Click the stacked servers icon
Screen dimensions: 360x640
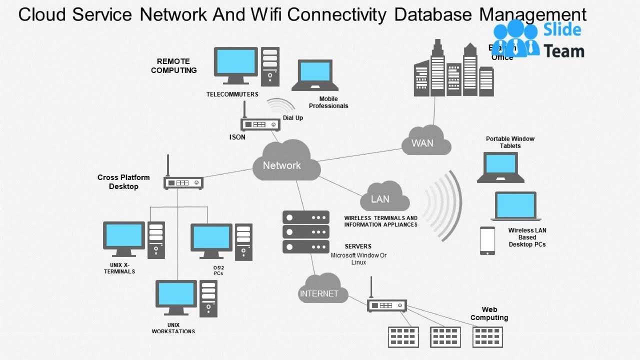305,231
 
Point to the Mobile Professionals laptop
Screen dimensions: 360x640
315,75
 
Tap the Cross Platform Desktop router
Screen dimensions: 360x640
183,182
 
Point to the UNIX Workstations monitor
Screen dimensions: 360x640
176,296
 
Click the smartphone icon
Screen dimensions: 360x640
487,240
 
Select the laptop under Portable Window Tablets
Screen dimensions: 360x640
500,167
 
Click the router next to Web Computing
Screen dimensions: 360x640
387,305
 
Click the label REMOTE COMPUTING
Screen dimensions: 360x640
173,65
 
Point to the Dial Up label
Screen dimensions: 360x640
293,118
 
